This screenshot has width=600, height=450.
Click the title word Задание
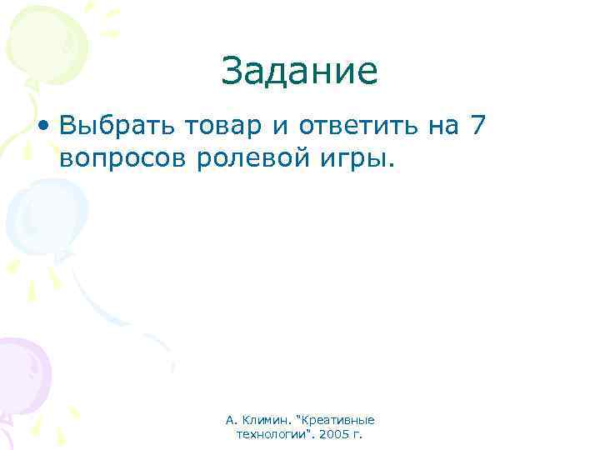coord(300,72)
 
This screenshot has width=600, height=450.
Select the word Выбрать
coord(108,127)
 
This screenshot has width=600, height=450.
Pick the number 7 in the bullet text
coord(476,125)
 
